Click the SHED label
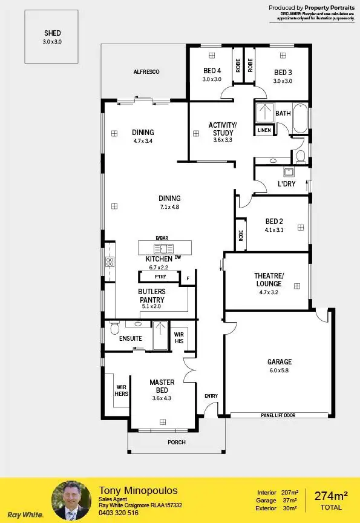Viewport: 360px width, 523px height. pyautogui.click(x=53, y=33)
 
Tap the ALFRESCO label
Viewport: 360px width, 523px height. pyautogui.click(x=146, y=72)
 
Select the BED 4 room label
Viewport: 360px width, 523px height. pyautogui.click(x=212, y=70)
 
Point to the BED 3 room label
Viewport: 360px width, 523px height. pyautogui.click(x=283, y=70)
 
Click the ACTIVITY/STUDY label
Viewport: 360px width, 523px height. pyautogui.click(x=223, y=129)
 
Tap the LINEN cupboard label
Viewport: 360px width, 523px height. pyautogui.click(x=264, y=130)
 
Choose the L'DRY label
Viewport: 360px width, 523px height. pyautogui.click(x=287, y=183)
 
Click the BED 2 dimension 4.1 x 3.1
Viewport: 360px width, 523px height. pyautogui.click(x=274, y=230)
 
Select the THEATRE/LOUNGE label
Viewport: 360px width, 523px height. pyautogui.click(x=269, y=280)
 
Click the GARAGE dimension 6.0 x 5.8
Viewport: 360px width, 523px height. pyautogui.click(x=280, y=371)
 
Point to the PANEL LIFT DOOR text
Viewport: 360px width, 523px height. pyautogui.click(x=278, y=415)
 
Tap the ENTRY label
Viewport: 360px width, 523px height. pyautogui.click(x=211, y=396)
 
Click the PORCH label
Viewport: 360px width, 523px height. pyautogui.click(x=177, y=442)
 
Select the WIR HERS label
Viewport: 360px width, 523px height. pyautogui.click(x=122, y=390)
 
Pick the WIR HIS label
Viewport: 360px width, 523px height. pyautogui.click(x=179, y=337)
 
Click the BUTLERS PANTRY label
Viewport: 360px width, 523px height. pyautogui.click(x=152, y=295)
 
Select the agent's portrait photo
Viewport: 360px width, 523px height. pyautogui.click(x=71, y=500)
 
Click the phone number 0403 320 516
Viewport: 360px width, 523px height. pyautogui.click(x=119, y=512)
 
